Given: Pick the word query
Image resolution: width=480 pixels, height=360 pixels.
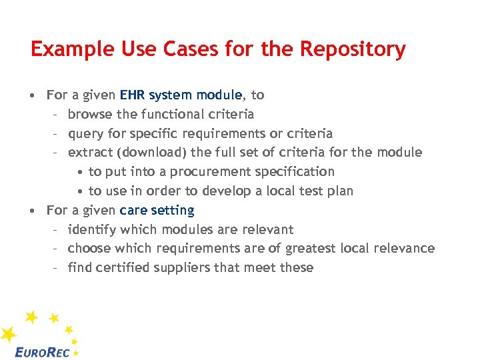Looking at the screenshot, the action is click(x=85, y=133).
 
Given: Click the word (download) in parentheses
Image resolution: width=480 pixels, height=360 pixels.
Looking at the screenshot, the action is click(x=151, y=153).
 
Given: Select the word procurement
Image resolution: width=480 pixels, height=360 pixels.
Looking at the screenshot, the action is click(x=205, y=172).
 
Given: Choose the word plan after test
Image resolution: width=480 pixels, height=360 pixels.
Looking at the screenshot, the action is click(x=340, y=191).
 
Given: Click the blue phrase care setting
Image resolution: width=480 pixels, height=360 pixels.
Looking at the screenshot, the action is click(x=157, y=211).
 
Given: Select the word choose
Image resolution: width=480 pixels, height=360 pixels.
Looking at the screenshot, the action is click(x=89, y=249).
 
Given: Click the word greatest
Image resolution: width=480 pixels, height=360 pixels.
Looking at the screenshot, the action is click(x=310, y=249).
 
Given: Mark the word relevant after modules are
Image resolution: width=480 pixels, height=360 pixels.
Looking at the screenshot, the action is click(x=267, y=230).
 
